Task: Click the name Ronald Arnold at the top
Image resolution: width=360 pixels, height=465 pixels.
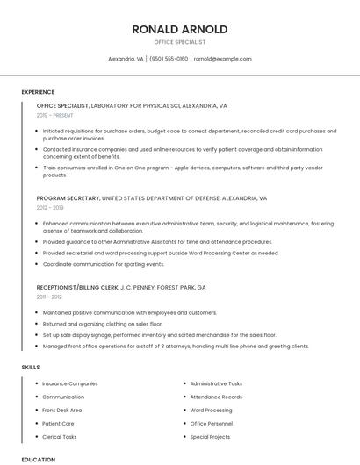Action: point(179,29)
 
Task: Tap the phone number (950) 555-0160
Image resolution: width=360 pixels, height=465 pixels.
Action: point(169,59)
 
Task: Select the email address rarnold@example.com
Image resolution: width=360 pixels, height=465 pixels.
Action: point(223,59)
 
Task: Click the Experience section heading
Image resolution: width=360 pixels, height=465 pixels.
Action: point(38,92)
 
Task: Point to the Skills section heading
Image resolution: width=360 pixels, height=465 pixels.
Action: point(31,367)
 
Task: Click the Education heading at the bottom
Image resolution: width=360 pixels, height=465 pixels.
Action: point(38,459)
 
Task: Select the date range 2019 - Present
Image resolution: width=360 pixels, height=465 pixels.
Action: point(54,115)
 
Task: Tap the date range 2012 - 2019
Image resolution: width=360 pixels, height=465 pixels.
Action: point(50,208)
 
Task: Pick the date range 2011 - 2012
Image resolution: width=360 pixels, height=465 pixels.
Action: point(49,297)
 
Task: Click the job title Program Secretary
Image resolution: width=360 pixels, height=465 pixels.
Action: point(68,198)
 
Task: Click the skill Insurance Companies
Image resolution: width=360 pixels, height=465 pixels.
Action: point(70,383)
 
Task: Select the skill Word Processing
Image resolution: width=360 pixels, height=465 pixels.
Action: point(211,410)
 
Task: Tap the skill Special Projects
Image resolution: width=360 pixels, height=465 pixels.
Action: point(210,436)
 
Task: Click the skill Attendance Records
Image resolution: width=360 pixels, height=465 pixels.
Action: point(216,397)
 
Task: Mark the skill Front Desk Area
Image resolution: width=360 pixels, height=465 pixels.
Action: point(62,410)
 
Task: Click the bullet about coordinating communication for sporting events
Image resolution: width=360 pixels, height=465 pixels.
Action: point(104,264)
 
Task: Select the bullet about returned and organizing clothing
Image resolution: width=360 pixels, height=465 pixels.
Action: point(103,324)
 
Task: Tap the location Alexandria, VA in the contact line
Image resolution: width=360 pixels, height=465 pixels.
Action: point(126,59)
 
